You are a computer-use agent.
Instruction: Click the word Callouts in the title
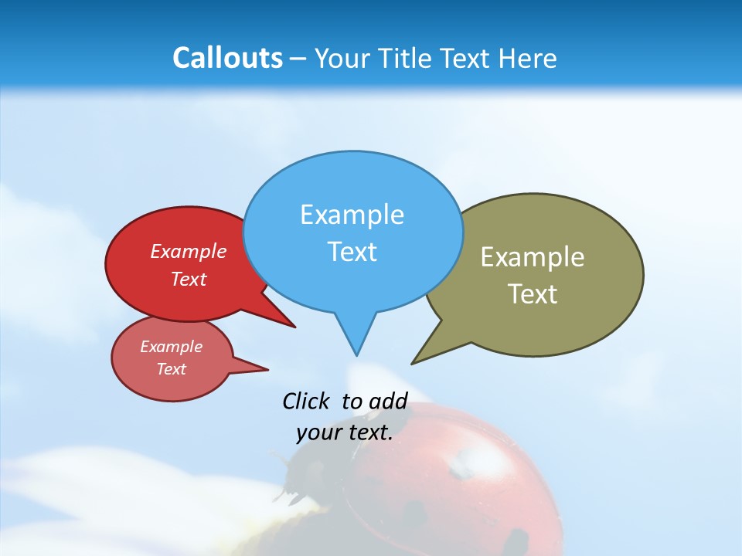pyautogui.click(x=227, y=58)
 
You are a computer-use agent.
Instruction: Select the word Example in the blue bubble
pyautogui.click(x=352, y=215)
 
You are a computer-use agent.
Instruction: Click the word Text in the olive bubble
pyautogui.click(x=533, y=294)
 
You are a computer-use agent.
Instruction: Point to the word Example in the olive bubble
pyautogui.click(x=533, y=257)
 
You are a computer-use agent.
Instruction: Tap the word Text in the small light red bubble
pyautogui.click(x=172, y=369)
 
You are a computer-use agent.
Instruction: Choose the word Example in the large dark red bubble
pyautogui.click(x=189, y=251)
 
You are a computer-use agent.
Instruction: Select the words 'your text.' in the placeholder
pyautogui.click(x=345, y=432)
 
